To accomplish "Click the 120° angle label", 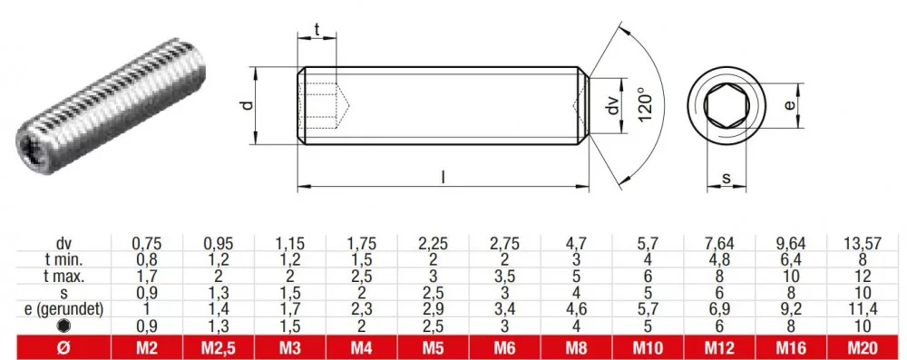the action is click(646, 104).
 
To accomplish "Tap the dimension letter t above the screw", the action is click(317, 30).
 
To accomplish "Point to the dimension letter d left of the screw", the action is click(247, 105).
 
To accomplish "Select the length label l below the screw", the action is click(444, 178).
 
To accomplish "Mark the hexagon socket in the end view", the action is click(727, 106).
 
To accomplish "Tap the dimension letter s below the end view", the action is click(726, 179).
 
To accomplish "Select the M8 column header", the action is click(576, 348).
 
